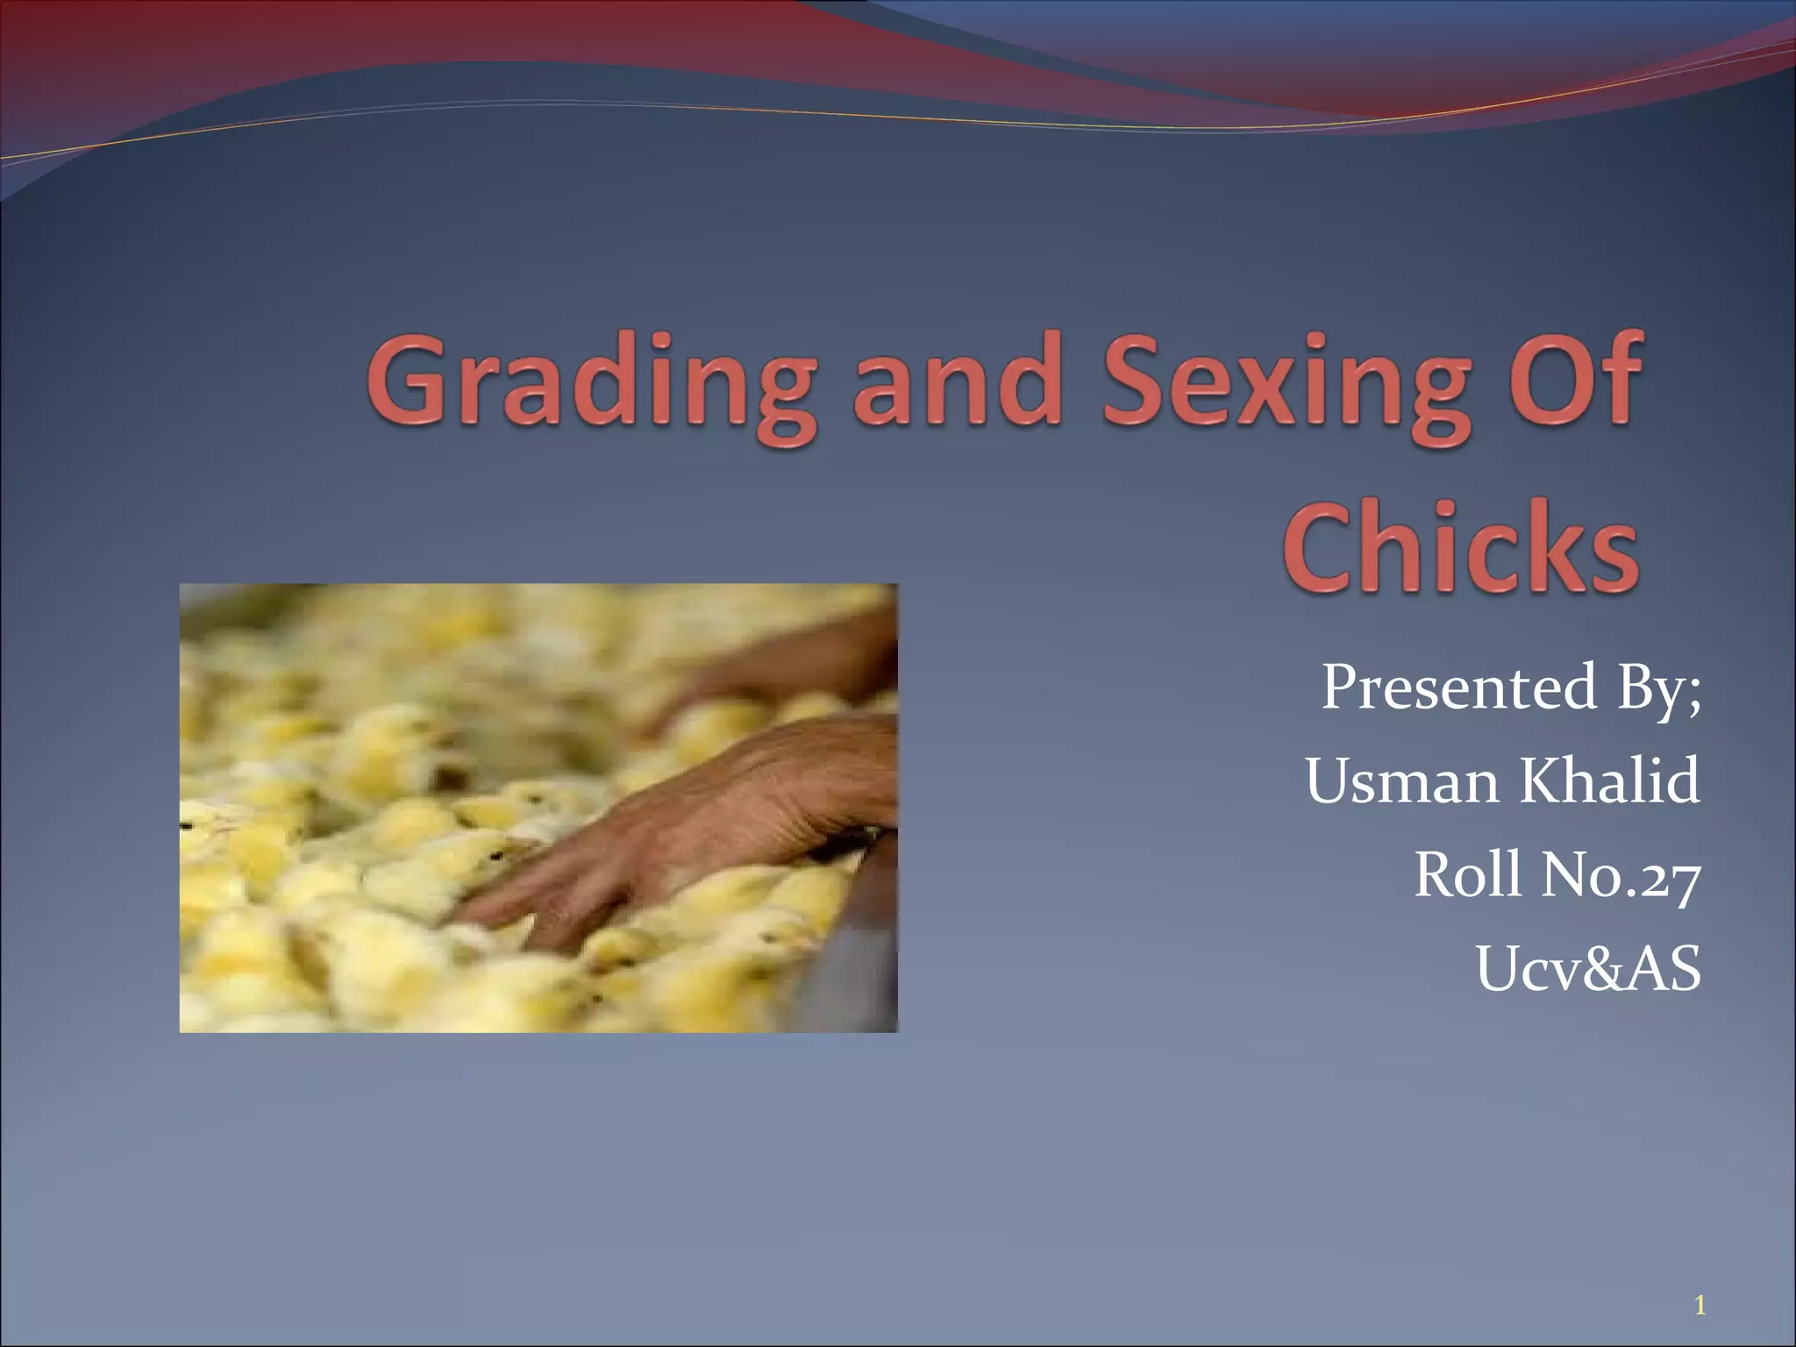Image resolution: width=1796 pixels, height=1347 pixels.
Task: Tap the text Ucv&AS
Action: point(1588,968)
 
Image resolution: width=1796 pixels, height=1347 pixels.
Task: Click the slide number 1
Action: point(1700,1282)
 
